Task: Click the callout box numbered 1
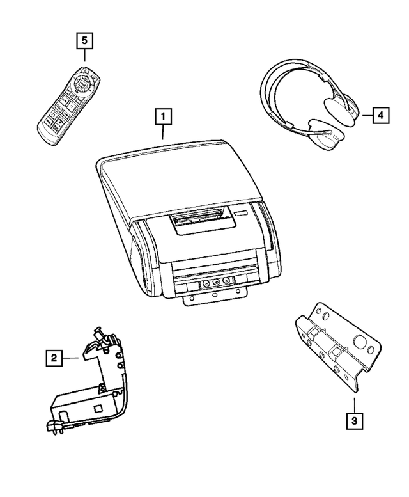163,117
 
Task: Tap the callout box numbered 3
353,422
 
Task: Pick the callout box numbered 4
380,115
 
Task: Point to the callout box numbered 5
84,41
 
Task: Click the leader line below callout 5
84,58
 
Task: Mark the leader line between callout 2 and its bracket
71,359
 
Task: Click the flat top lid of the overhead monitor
179,173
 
